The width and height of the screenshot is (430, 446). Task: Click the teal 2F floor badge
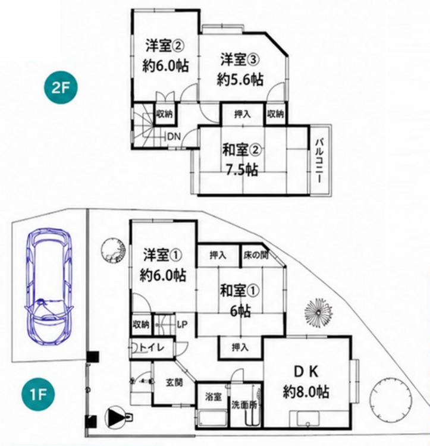(61, 88)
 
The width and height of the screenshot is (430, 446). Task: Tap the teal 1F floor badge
(38, 394)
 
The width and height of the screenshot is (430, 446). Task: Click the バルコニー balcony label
(320, 160)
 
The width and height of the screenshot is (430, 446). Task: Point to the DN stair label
(174, 137)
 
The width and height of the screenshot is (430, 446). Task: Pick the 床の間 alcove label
(256, 255)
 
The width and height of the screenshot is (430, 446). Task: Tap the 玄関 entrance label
(174, 382)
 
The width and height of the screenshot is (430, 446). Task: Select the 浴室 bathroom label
(214, 397)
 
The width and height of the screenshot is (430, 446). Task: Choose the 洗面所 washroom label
(244, 405)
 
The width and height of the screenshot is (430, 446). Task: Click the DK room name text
(306, 372)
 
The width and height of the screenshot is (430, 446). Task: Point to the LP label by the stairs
(183, 324)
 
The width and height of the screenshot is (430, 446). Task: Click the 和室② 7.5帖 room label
(241, 160)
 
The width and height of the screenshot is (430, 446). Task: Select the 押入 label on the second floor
(243, 114)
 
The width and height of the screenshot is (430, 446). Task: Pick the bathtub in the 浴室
(212, 418)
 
